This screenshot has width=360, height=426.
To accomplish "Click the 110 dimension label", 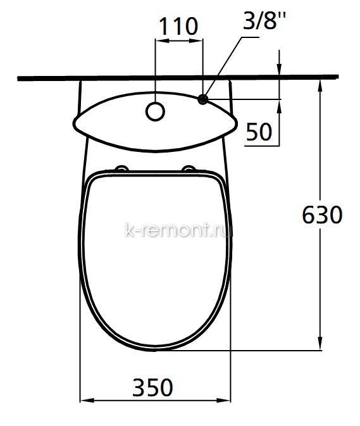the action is [178, 27].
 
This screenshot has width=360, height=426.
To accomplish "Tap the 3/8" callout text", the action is [264, 20].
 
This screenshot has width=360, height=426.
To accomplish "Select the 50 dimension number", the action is [259, 132].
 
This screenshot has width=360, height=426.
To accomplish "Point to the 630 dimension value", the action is [322, 215].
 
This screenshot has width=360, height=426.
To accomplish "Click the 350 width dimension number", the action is [152, 387].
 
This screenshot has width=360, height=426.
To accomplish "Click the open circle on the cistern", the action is [155, 111].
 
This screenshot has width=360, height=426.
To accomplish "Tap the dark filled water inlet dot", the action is [203, 99].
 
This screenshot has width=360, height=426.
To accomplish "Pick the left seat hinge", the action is [121, 169].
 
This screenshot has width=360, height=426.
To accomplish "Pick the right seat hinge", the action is [189, 169].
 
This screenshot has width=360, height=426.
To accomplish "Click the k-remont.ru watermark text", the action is [178, 230].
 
